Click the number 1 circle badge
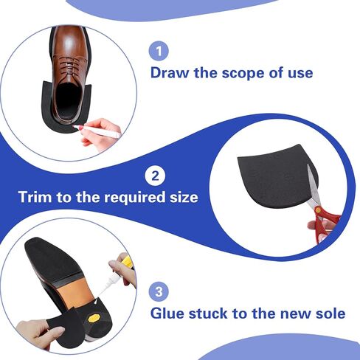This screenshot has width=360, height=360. click(x=159, y=51)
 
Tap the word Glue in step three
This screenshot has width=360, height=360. click(x=171, y=313)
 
